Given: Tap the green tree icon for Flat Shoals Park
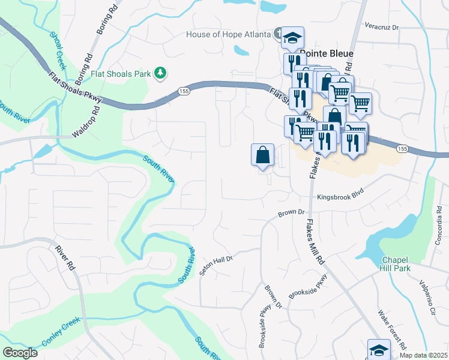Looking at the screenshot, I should click(160, 73).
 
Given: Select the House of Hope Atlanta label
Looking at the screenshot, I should click(229, 34).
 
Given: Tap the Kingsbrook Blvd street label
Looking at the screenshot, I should click(340, 197).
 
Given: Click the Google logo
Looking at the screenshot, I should click(20, 353).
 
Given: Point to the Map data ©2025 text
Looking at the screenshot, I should click(423, 356).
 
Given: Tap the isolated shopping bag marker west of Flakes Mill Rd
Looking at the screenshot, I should click(262, 155).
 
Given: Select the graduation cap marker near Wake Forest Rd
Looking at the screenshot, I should click(379, 349).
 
